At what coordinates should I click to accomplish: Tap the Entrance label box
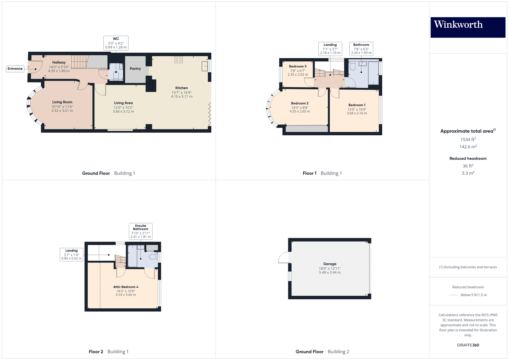coord(15,69)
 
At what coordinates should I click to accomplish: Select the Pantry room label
coord(135,69)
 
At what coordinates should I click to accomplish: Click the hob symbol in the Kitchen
coord(179,60)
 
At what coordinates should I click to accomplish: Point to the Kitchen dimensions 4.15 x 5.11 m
coord(182,97)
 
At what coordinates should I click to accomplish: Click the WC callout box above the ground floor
coord(116,43)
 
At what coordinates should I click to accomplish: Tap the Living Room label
coord(62,102)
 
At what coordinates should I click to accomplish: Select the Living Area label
coord(123,103)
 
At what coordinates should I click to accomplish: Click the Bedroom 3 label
coord(298,67)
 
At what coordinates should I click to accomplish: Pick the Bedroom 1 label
coord(357,105)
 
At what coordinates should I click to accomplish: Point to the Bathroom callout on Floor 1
coord(361,49)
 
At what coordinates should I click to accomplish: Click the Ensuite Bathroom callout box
coord(140,231)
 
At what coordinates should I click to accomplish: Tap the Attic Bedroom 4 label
coord(126,287)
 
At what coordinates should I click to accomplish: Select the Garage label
coord(330,264)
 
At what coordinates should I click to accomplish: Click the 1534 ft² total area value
coord(468,140)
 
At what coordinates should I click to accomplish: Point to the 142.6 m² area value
coord(468,147)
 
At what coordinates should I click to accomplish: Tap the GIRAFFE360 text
coord(468,345)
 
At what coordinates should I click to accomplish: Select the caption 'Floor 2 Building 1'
coord(108,352)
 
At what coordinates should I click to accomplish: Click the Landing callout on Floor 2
coord(71,255)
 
